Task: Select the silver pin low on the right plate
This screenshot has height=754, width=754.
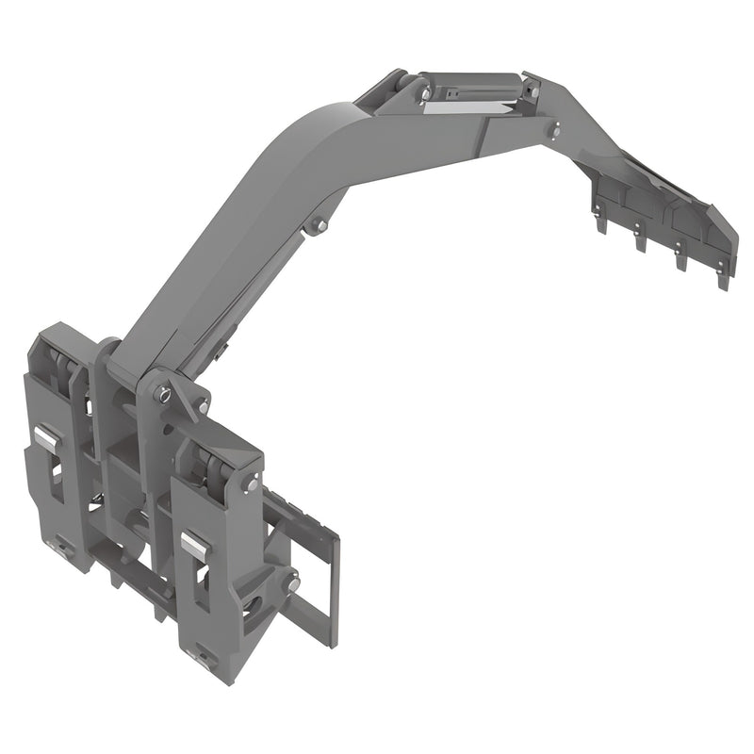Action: point(294,585)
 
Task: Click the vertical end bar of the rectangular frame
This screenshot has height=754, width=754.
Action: point(332,590)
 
